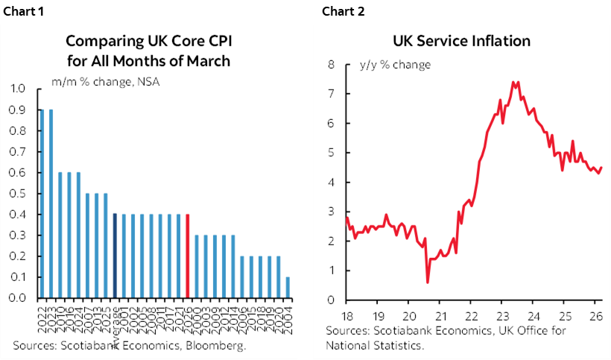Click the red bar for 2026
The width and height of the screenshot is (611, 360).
[x=188, y=256]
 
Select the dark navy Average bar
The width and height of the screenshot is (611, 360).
[x=115, y=256]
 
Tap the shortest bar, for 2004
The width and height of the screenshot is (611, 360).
[x=288, y=288]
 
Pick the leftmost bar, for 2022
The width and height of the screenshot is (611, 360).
[x=42, y=203]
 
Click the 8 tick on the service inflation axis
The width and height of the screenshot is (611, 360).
[x=333, y=65]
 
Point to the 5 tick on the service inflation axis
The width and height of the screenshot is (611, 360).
[x=333, y=153]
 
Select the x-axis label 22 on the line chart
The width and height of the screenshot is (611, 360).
[x=472, y=314]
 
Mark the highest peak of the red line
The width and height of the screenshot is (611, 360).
[x=515, y=82]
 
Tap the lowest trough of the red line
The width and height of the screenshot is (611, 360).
[x=428, y=282]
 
